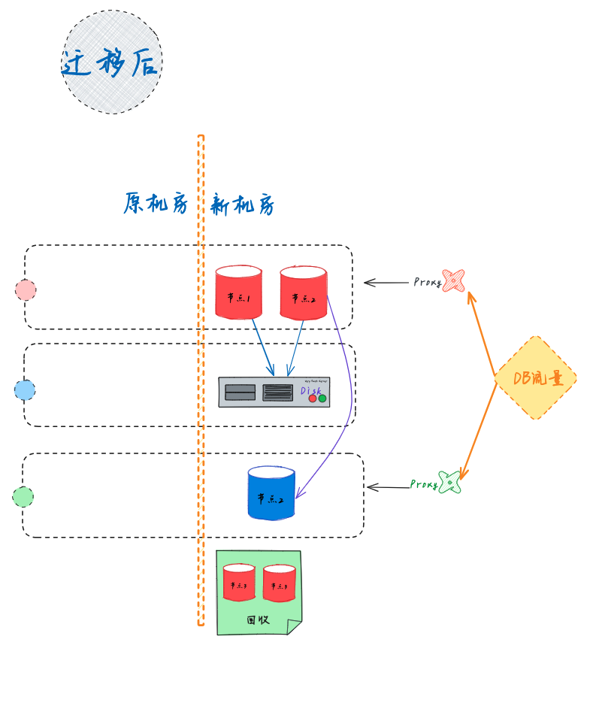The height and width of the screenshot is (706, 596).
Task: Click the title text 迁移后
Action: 111,62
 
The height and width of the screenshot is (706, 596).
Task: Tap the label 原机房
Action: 156,203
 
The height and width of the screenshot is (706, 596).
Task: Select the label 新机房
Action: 242,205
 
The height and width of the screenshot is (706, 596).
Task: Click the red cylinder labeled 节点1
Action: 238,292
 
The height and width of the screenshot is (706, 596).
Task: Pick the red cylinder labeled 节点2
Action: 303,292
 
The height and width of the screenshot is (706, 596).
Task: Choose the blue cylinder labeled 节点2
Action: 271,493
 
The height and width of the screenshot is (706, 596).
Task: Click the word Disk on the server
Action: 310,390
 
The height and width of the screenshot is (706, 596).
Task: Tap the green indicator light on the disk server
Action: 322,398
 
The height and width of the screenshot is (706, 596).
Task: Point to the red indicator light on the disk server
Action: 313,398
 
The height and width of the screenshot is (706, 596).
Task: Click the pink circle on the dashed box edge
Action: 26,289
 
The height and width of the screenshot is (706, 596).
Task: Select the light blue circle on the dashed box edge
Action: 25,389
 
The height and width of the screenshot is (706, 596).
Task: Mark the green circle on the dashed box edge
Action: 23,496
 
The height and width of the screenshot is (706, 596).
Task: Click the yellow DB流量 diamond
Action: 535,377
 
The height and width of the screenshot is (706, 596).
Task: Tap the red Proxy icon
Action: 453,280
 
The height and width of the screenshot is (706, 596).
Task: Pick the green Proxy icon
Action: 449,482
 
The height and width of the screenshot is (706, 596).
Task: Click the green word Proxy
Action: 424,484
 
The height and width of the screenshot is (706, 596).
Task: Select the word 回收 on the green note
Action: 258,620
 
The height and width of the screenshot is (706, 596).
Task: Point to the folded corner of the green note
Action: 294,627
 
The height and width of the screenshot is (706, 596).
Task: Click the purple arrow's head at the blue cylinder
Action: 298,496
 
